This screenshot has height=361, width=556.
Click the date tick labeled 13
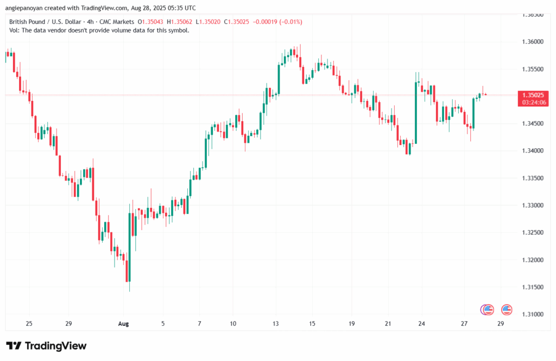[276, 324]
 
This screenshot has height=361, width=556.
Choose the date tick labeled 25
[29, 324]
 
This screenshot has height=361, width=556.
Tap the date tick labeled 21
[388, 324]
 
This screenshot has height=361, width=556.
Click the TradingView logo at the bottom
[46, 346]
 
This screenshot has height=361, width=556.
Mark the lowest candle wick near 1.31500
[129, 289]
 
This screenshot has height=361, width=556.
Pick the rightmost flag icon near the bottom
[507, 309]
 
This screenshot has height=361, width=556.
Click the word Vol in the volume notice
[14, 30]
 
